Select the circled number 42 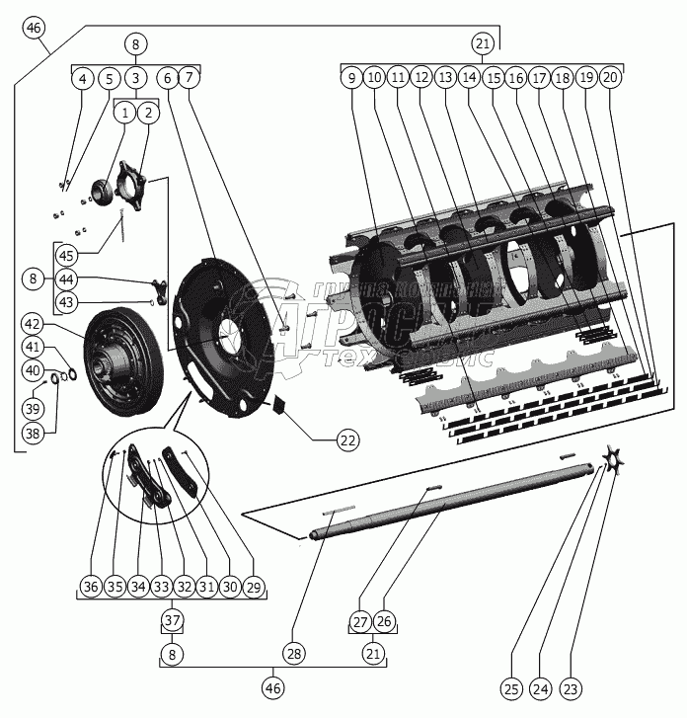point(34,324)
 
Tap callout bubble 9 point(350,77)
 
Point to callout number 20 point(611,77)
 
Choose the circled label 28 point(294,653)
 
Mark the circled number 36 point(91,587)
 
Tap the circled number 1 point(124,114)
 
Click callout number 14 point(469,77)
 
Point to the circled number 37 point(174,620)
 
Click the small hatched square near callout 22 point(278,403)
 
